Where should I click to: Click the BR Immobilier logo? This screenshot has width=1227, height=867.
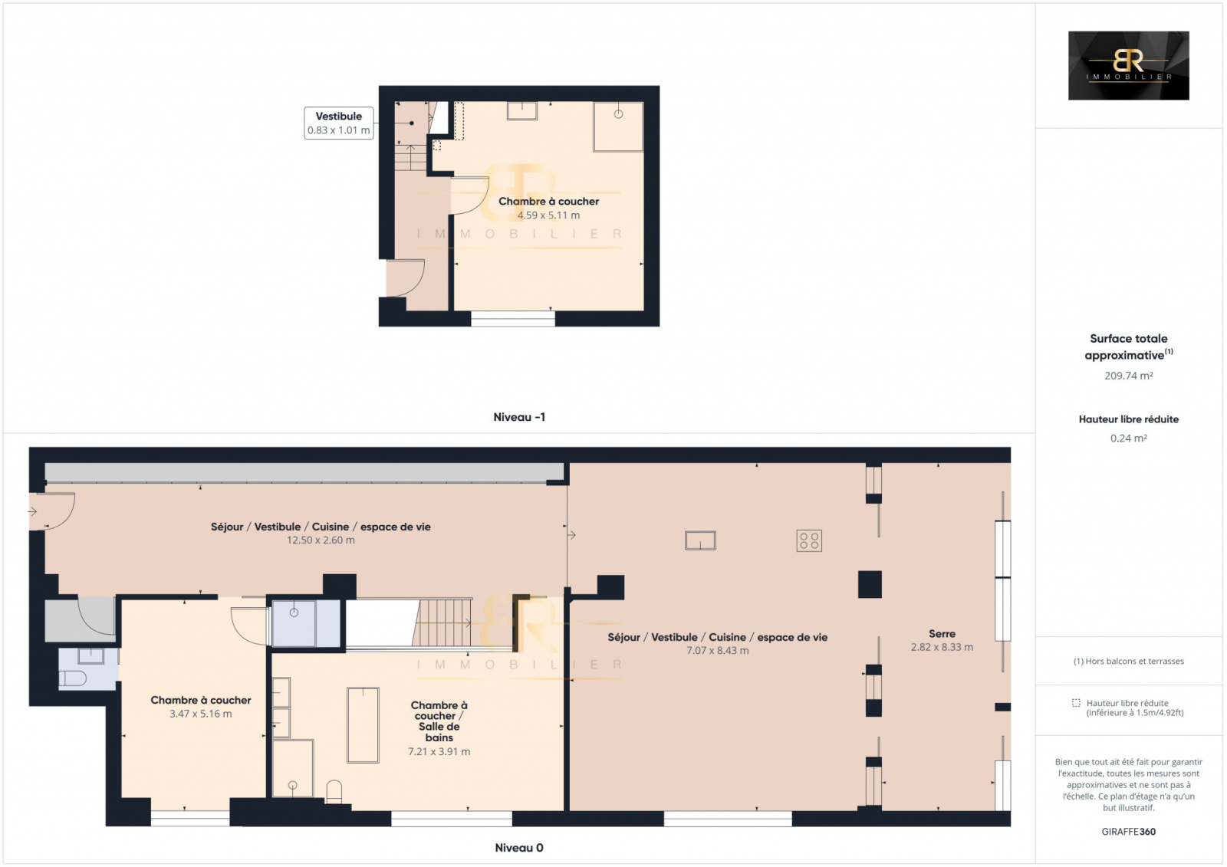pyautogui.click(x=1128, y=65)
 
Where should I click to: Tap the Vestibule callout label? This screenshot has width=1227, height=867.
pyautogui.click(x=338, y=123)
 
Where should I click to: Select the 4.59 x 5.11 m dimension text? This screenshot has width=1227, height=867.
pyautogui.click(x=548, y=215)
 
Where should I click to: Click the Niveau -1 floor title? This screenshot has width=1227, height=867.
pyautogui.click(x=518, y=417)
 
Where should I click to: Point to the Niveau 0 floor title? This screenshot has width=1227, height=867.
pyautogui.click(x=518, y=847)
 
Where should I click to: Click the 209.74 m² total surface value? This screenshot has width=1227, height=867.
pyautogui.click(x=1128, y=376)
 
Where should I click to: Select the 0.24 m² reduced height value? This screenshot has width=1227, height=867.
pyautogui.click(x=1128, y=438)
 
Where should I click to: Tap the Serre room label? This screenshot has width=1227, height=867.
pyautogui.click(x=942, y=634)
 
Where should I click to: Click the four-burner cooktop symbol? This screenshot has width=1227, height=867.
pyautogui.click(x=809, y=540)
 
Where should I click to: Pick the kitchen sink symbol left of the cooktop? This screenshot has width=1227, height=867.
pyautogui.click(x=700, y=540)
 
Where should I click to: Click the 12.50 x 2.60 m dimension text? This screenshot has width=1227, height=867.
pyautogui.click(x=321, y=540)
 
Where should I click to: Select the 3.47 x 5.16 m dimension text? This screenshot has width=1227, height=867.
pyautogui.click(x=200, y=714)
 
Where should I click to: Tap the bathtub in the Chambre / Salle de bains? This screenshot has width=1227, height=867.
pyautogui.click(x=363, y=725)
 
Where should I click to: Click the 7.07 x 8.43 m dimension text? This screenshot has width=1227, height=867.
pyautogui.click(x=717, y=651)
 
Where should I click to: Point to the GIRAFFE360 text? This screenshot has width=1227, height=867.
pyautogui.click(x=1128, y=832)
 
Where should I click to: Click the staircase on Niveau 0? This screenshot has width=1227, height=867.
pyautogui.click(x=442, y=622)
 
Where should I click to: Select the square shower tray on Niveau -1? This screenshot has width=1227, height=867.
pyautogui.click(x=618, y=126)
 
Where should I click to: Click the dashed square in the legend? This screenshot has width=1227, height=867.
pyautogui.click(x=1076, y=703)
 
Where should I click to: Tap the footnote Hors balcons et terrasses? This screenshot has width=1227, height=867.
pyautogui.click(x=1128, y=661)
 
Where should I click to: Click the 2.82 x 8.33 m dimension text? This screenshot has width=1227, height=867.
pyautogui.click(x=942, y=647)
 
